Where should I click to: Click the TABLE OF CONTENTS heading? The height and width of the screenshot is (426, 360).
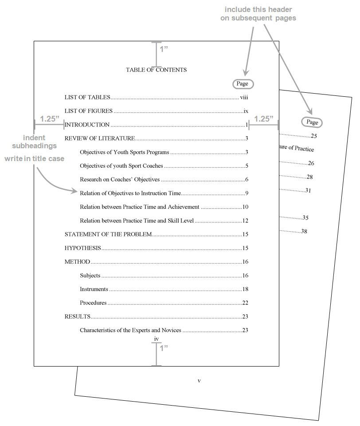click(156, 70)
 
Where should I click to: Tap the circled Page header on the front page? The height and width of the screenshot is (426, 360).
click(242, 83)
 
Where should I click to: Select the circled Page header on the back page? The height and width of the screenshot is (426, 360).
click(312, 122)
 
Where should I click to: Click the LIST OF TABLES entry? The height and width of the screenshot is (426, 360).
click(87, 98)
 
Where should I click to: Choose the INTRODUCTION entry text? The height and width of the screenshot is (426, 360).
click(88, 125)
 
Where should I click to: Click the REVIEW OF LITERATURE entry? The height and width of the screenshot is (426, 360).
click(100, 138)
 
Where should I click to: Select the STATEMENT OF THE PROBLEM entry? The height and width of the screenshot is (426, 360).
click(108, 234)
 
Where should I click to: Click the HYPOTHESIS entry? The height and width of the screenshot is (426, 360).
click(83, 248)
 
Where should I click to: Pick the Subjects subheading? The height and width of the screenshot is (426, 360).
click(90, 276)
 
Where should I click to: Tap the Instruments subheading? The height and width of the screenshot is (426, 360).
click(94, 289)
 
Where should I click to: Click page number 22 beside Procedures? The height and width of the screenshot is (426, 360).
click(245, 303)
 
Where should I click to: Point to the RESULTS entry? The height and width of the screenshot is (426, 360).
click(78, 317)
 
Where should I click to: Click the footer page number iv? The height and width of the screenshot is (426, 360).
click(156, 339)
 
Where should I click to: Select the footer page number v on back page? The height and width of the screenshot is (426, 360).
click(199, 380)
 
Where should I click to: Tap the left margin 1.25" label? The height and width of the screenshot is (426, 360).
click(49, 119)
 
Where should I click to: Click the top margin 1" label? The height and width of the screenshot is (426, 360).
click(164, 49)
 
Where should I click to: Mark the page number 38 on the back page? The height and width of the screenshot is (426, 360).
click(304, 231)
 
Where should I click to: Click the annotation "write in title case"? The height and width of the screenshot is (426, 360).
click(35, 158)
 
